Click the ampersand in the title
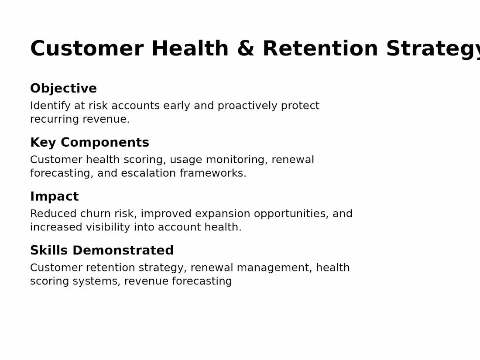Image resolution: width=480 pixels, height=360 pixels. click(x=246, y=48)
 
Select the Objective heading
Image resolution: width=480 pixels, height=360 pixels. click(x=63, y=89)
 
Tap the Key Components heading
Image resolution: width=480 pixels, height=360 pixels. click(x=90, y=143)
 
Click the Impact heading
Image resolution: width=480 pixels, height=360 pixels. click(x=55, y=196)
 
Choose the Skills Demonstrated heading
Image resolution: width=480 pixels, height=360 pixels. click(x=102, y=250)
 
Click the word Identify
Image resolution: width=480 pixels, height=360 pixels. click(x=51, y=106)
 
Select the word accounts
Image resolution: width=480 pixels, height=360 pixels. click(x=135, y=106)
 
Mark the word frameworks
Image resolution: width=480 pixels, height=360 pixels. click(x=213, y=173)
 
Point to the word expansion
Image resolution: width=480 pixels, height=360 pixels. click(x=223, y=214)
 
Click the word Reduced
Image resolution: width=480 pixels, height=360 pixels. click(x=53, y=214)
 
